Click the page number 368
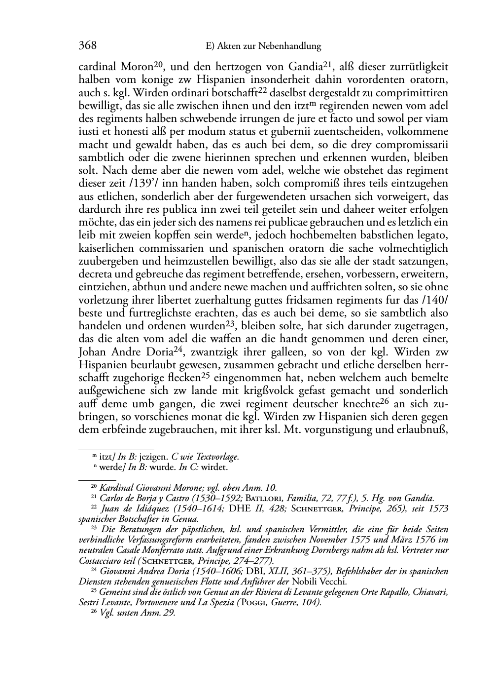[x=87, y=46]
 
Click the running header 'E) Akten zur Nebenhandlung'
[x=262, y=46]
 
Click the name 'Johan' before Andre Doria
[x=93, y=351]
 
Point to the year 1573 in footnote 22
[x=437, y=508]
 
